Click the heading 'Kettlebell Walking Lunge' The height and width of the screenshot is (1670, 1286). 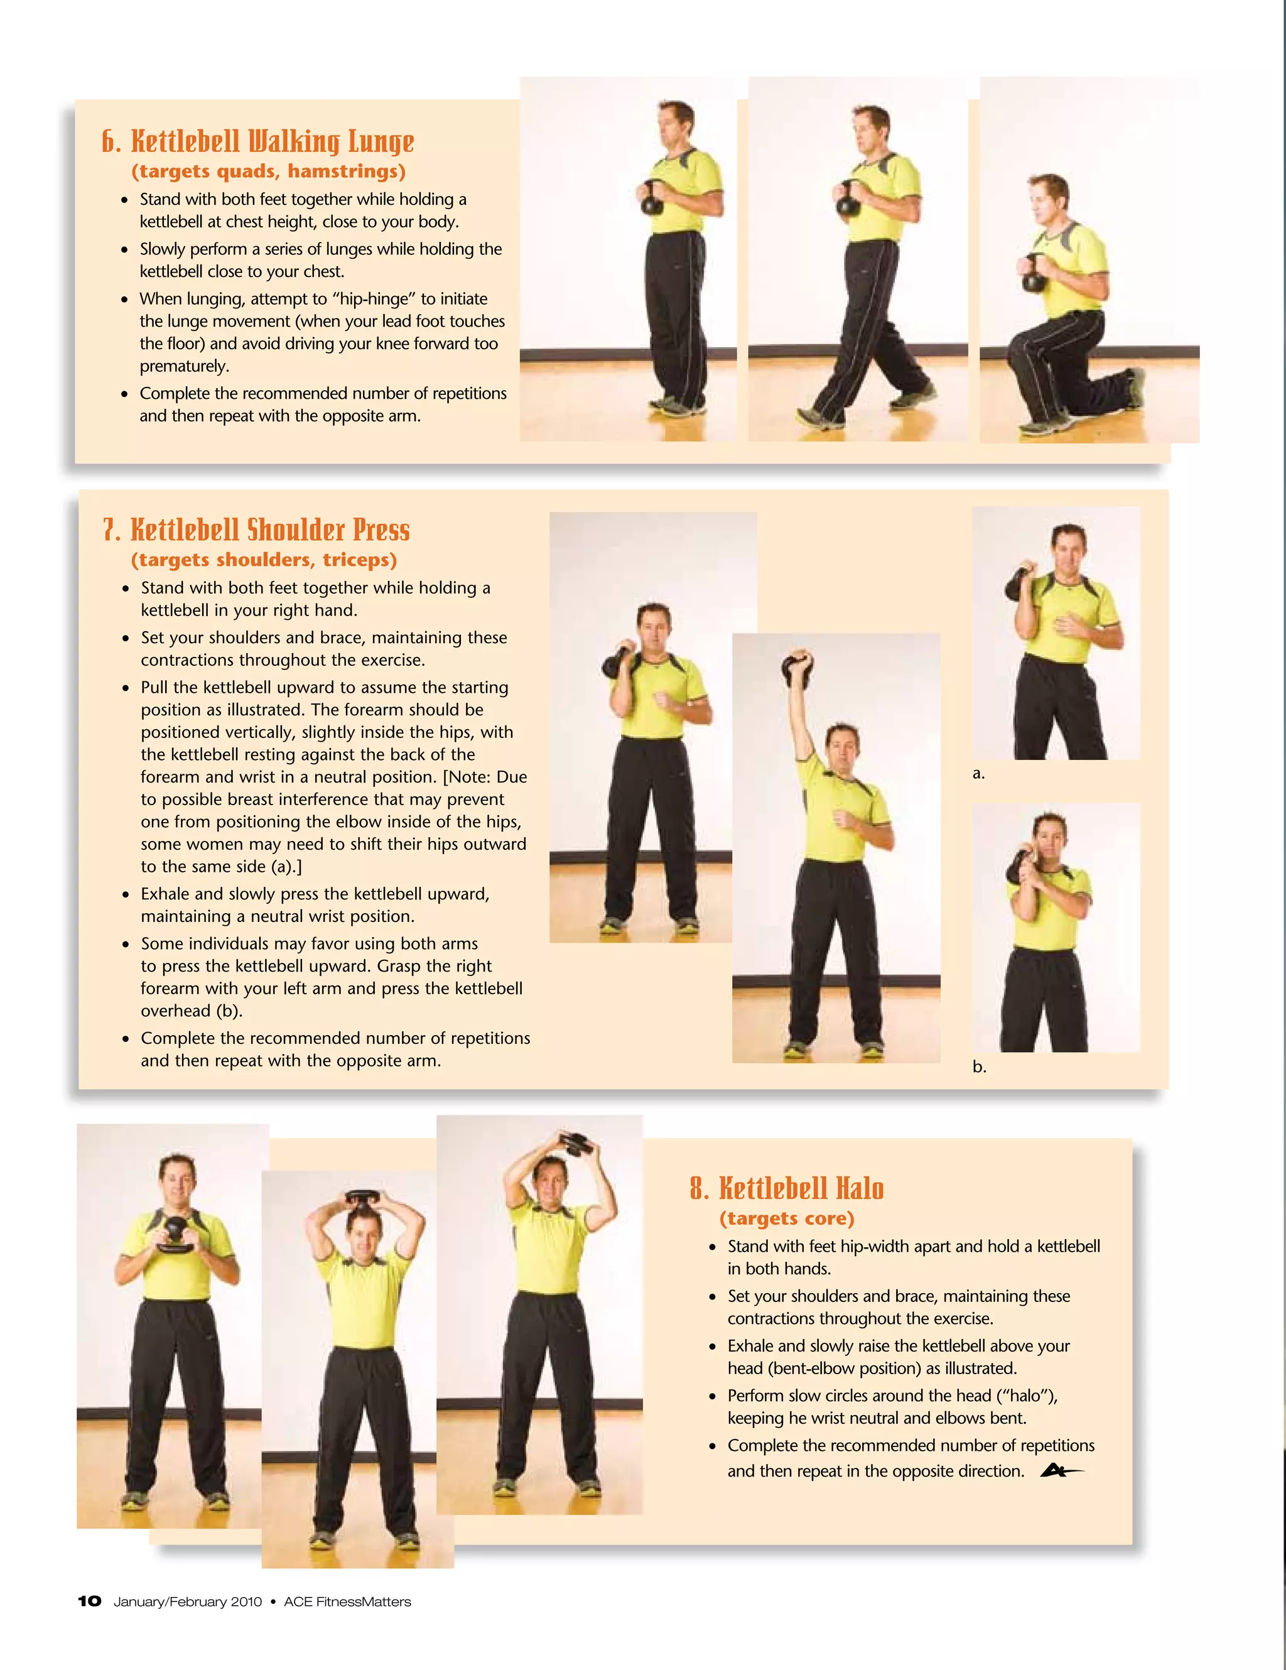point(272,141)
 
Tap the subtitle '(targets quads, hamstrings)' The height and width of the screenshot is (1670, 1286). point(268,171)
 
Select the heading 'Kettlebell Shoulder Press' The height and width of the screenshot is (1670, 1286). point(270,530)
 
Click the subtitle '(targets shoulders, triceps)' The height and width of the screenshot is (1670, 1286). point(264,560)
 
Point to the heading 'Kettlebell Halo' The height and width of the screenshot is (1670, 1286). point(801,1188)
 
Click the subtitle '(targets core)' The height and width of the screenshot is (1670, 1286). point(787,1218)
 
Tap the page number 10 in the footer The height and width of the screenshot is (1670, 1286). point(89,1601)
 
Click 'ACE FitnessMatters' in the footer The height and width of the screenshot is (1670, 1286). point(347,1601)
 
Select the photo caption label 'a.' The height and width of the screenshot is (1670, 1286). point(979,774)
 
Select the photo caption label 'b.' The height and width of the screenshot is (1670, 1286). point(980,1066)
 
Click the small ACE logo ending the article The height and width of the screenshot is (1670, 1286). point(1061,1470)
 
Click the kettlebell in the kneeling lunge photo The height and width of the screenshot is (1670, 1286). point(1035,278)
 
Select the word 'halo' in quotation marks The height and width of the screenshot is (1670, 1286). point(1026,1396)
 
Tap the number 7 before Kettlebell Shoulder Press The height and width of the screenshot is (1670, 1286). point(111,530)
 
